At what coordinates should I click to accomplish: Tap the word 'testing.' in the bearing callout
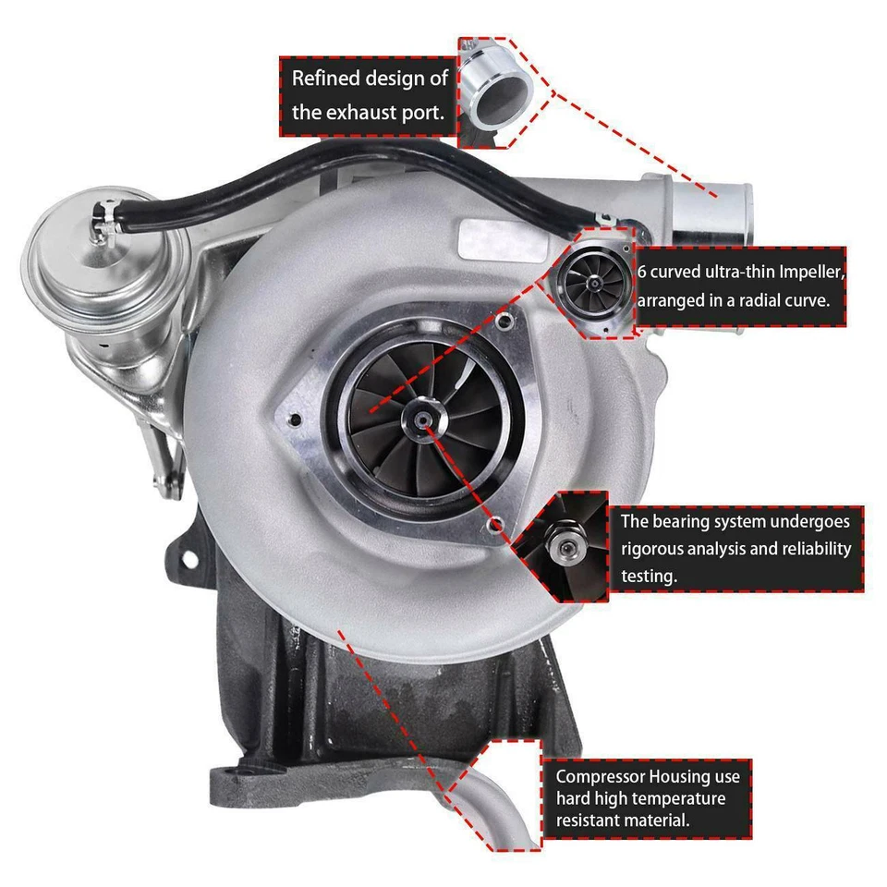point(650,575)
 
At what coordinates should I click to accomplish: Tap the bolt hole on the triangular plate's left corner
point(295,421)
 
